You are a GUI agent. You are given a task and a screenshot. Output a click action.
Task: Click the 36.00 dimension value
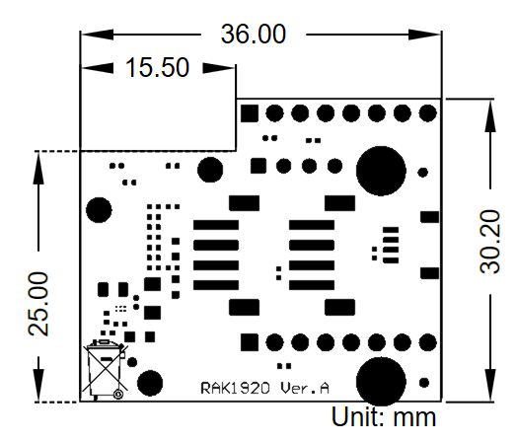click(x=254, y=34)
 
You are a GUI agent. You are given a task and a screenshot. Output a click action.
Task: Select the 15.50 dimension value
click(x=157, y=67)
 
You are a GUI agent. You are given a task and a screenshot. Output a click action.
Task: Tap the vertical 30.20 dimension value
click(x=490, y=242)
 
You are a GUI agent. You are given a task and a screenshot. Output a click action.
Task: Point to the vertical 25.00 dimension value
click(x=38, y=304)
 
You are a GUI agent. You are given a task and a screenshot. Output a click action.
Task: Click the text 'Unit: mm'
click(x=384, y=417)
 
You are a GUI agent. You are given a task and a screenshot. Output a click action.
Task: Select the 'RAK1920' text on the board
click(x=235, y=389)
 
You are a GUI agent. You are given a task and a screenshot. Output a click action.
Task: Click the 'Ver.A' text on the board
click(x=305, y=389)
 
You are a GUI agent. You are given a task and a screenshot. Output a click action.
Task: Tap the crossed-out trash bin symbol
click(x=105, y=369)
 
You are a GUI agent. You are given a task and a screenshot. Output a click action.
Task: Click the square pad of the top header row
click(x=250, y=113)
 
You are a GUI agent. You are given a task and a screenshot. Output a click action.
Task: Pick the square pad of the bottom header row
click(x=250, y=342)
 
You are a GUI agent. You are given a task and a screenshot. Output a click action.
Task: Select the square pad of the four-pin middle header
click(x=258, y=166)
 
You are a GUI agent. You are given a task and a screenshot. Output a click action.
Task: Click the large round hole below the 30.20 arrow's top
click(x=381, y=171)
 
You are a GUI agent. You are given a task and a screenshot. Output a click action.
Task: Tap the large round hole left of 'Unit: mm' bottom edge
click(x=381, y=382)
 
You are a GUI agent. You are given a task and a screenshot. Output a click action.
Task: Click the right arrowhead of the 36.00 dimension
click(x=424, y=35)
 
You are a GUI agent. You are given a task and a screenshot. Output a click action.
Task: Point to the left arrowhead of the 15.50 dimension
click(x=98, y=68)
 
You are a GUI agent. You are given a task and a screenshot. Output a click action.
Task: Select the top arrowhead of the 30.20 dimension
click(x=490, y=115)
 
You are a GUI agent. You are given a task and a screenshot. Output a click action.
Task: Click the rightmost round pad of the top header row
click(x=428, y=113)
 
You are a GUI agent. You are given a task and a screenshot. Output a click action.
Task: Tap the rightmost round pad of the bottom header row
click(x=428, y=342)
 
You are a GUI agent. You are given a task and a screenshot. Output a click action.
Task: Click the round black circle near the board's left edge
click(x=99, y=210)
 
